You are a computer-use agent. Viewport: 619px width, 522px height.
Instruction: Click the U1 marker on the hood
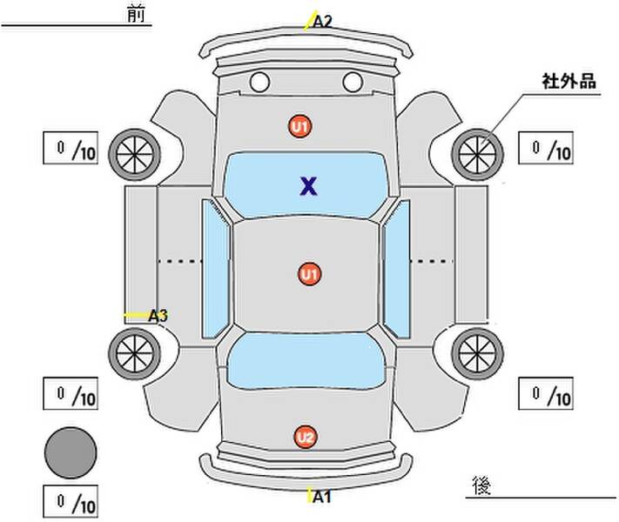pyautogui.click(x=299, y=127)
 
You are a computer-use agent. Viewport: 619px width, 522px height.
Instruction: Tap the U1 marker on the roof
pyautogui.click(x=309, y=274)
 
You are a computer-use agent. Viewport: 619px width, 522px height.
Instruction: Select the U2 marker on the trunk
pyautogui.click(x=306, y=437)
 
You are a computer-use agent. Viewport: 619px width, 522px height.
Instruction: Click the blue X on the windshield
pyautogui.click(x=308, y=186)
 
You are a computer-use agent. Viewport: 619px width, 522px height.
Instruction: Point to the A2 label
pyautogui.click(x=322, y=22)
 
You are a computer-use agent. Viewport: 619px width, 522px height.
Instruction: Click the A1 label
pyautogui.click(x=322, y=497)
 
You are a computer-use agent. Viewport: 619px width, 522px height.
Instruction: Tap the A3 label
pyautogui.click(x=158, y=316)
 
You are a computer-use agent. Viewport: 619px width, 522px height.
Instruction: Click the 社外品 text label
pyautogui.click(x=569, y=82)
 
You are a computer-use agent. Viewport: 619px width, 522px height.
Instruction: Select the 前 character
pyautogui.click(x=136, y=15)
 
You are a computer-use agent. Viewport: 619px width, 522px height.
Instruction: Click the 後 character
pyautogui.click(x=481, y=485)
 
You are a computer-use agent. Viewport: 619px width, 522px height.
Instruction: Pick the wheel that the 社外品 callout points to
pyautogui.click(x=477, y=155)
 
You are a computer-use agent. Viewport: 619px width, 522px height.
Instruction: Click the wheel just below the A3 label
pyautogui.click(x=135, y=354)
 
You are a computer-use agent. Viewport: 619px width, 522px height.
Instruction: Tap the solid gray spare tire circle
pyautogui.click(x=71, y=452)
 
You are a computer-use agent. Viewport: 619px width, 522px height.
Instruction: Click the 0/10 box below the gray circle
pyautogui.click(x=71, y=501)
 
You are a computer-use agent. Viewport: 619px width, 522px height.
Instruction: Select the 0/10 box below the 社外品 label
pyautogui.click(x=546, y=148)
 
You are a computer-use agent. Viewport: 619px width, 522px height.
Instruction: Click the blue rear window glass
pyautogui.click(x=306, y=361)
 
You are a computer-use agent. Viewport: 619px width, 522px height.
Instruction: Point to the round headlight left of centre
pyautogui.click(x=259, y=82)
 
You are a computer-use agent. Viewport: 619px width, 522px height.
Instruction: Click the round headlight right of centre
pyautogui.click(x=353, y=82)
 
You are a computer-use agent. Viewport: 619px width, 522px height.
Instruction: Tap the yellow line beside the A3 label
pyautogui.click(x=137, y=315)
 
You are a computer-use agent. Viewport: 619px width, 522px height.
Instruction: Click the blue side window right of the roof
pyautogui.click(x=397, y=268)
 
